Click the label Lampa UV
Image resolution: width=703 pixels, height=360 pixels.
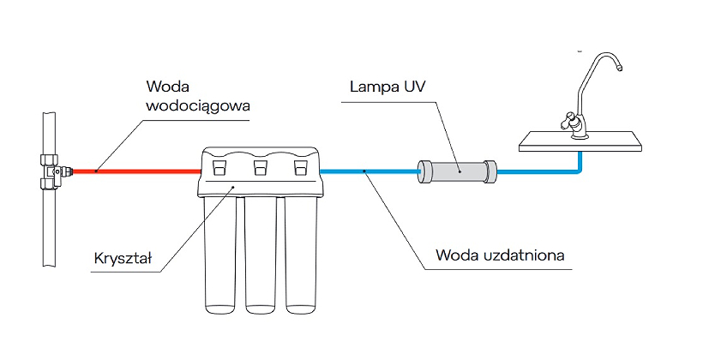click(387, 87)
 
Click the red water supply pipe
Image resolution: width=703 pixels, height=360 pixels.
click(137, 171)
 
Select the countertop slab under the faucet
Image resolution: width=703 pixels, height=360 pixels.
click(583, 141)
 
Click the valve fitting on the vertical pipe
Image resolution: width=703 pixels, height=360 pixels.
click(54, 171)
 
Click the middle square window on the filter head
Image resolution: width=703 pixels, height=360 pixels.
click(260, 165)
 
